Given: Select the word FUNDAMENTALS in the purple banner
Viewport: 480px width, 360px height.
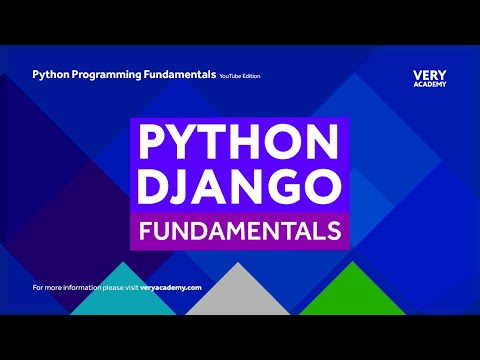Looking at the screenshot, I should pos(239,232).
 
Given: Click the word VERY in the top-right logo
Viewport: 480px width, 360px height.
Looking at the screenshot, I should pos(429,74).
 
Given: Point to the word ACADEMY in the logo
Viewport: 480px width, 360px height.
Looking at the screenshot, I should pos(429,84).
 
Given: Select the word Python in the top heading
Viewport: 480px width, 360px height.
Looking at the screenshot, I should pos(51,74).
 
